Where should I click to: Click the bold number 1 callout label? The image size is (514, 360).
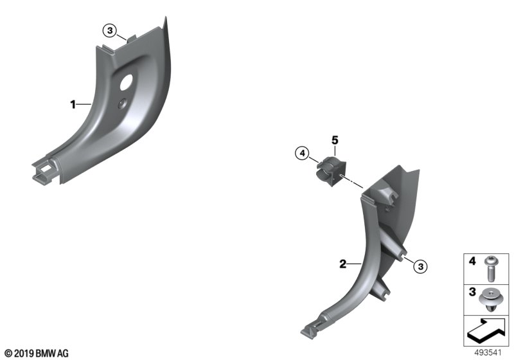coord(73,105)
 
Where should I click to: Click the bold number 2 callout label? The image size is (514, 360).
coord(342,264)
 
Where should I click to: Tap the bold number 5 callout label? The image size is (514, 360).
coord(334,140)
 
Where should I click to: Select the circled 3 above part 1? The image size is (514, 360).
coord(110,31)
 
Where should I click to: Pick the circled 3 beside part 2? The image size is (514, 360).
coord(421,267)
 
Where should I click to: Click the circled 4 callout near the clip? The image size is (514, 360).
coord(302,153)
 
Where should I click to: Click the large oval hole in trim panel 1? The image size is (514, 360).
coord(126,82)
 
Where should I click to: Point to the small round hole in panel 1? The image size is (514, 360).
coord(122,103)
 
